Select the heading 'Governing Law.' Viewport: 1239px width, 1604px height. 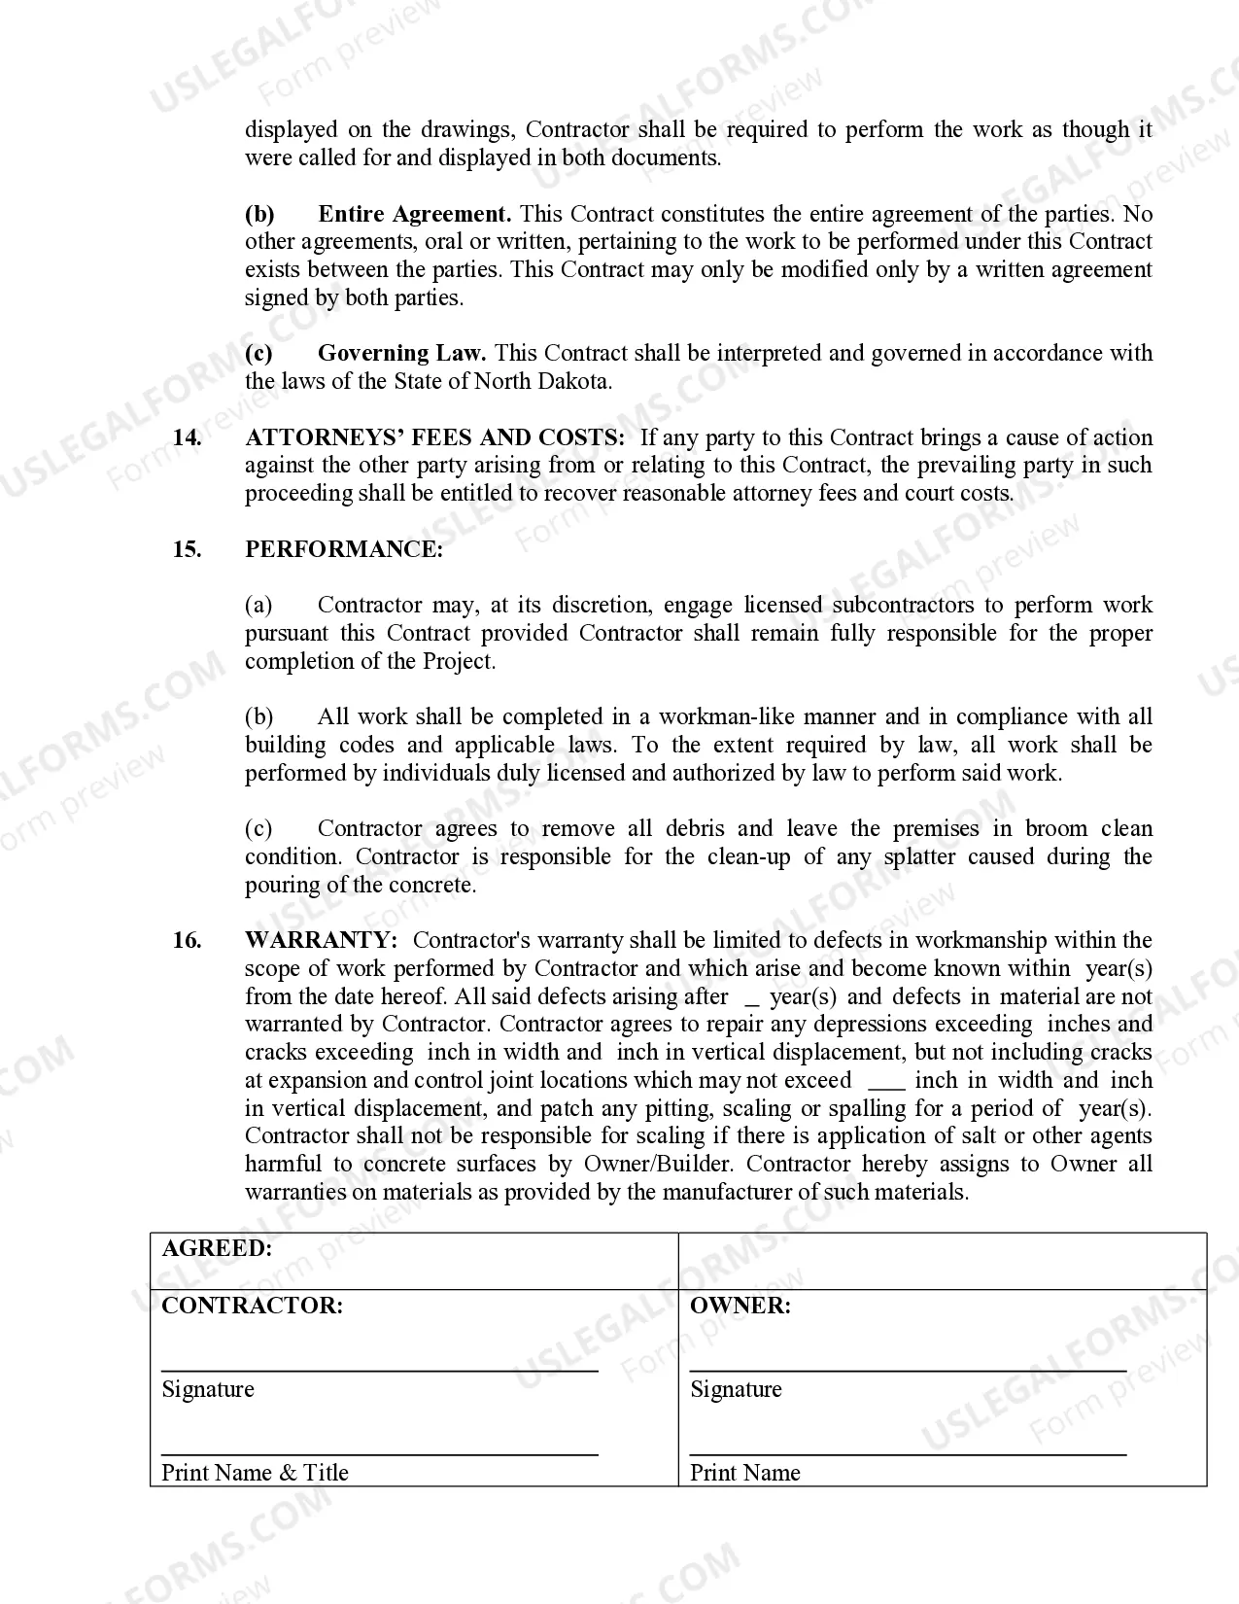pos(401,353)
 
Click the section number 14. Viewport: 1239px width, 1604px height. pos(187,437)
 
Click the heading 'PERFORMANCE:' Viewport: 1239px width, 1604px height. pos(343,549)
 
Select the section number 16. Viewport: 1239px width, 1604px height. pos(187,940)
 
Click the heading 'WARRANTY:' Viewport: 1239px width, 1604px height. pos(321,940)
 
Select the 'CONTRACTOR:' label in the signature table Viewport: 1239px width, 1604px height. pos(252,1306)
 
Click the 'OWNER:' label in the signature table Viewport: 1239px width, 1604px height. pos(740,1306)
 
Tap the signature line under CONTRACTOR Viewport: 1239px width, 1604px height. pos(379,1371)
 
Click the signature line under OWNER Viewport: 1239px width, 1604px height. pos(908,1371)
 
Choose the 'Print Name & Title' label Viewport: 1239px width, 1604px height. pos(255,1473)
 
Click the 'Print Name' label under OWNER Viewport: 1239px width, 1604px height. pos(744,1473)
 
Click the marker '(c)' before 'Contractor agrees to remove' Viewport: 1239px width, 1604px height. pos(258,828)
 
